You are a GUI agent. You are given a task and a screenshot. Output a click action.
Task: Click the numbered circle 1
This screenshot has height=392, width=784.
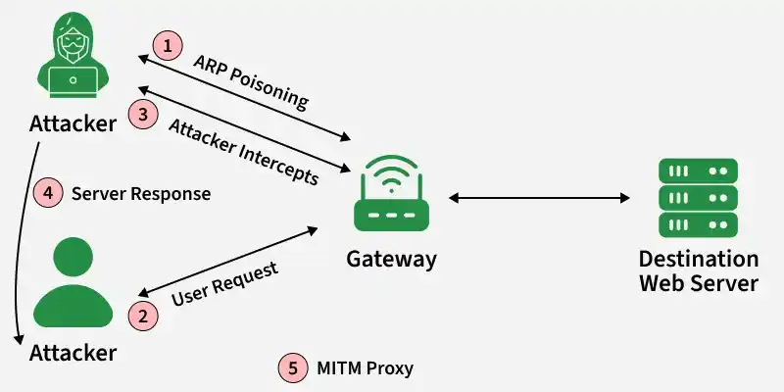click(x=168, y=46)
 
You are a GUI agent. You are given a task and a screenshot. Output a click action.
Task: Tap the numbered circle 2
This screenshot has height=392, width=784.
click(x=143, y=316)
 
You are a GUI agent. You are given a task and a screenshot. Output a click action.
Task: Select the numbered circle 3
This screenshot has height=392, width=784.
click(x=143, y=114)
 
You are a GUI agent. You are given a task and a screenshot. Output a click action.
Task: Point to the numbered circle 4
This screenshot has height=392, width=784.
click(x=48, y=193)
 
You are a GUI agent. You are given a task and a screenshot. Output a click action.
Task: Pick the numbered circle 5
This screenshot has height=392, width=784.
click(x=293, y=368)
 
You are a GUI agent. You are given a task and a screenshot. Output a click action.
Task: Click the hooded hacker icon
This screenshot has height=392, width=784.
click(x=73, y=55)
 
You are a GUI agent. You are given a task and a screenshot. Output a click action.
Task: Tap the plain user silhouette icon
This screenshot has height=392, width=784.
click(x=73, y=282)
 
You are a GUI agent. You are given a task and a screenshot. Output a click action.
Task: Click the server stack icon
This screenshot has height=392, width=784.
click(x=698, y=198)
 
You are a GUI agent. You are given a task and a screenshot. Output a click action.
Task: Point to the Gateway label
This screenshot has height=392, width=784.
click(x=391, y=260)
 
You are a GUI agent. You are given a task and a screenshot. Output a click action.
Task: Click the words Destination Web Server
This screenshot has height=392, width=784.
click(x=699, y=271)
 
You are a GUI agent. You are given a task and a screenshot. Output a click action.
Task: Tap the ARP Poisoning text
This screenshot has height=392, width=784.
click(x=251, y=81)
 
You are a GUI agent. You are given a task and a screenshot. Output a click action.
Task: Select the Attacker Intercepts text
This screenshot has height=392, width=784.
click(x=243, y=152)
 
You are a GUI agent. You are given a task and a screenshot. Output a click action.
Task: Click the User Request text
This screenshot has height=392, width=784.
click(x=224, y=283)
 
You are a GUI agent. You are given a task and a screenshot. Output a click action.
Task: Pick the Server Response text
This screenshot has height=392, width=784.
click(x=141, y=193)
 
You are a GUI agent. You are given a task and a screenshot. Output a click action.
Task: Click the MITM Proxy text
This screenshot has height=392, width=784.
click(x=365, y=368)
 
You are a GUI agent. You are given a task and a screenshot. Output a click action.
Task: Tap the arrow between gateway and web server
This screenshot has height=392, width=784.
click(x=539, y=198)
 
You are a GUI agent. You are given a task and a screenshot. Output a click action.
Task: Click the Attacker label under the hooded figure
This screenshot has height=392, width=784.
click(x=73, y=123)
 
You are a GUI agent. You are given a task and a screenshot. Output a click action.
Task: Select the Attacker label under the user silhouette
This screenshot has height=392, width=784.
click(x=73, y=353)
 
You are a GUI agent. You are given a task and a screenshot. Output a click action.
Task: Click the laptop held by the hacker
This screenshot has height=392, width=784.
click(x=73, y=82)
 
